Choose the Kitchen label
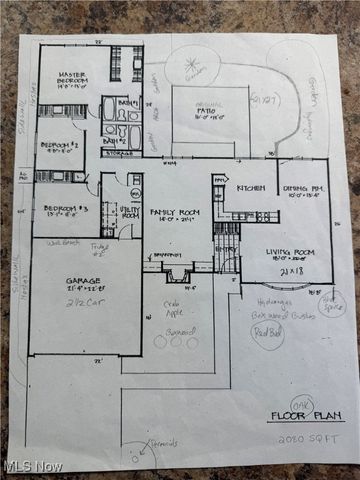(249, 188)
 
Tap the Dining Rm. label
(301, 188)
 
